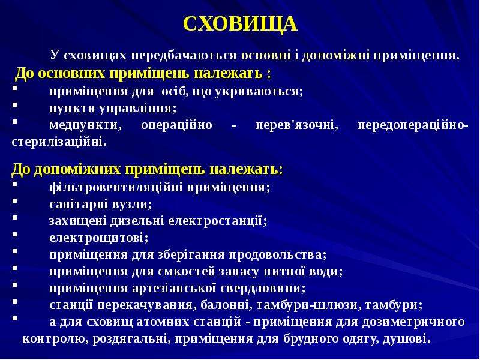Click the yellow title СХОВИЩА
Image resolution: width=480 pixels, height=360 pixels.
click(240, 23)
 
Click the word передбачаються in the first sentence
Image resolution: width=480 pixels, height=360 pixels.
click(184, 55)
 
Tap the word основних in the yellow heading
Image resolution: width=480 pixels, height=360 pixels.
click(71, 74)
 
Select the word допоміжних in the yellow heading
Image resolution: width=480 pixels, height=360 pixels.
click(77, 169)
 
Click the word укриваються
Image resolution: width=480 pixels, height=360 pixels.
click(259, 91)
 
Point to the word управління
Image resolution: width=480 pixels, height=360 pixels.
click(138, 108)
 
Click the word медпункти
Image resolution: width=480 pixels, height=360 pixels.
click(85, 125)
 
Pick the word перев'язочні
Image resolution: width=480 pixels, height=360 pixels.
click(297, 125)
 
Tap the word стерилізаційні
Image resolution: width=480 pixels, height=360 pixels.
click(59, 142)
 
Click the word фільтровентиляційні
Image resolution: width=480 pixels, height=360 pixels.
click(116, 187)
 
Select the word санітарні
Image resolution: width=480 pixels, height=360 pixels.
click(79, 204)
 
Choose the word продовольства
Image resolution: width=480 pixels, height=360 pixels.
click(278, 254)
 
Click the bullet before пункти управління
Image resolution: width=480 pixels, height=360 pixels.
click(14, 104)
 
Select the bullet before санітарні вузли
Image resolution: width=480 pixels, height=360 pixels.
click(14, 201)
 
